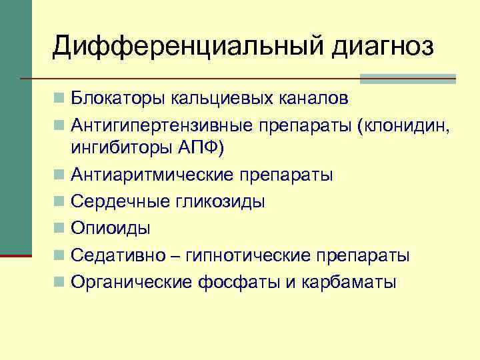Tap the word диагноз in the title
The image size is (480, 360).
coord(379,47)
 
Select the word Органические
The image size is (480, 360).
coord(133,282)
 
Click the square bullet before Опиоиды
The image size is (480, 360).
coord(61,228)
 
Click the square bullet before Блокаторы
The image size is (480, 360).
coord(61,99)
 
